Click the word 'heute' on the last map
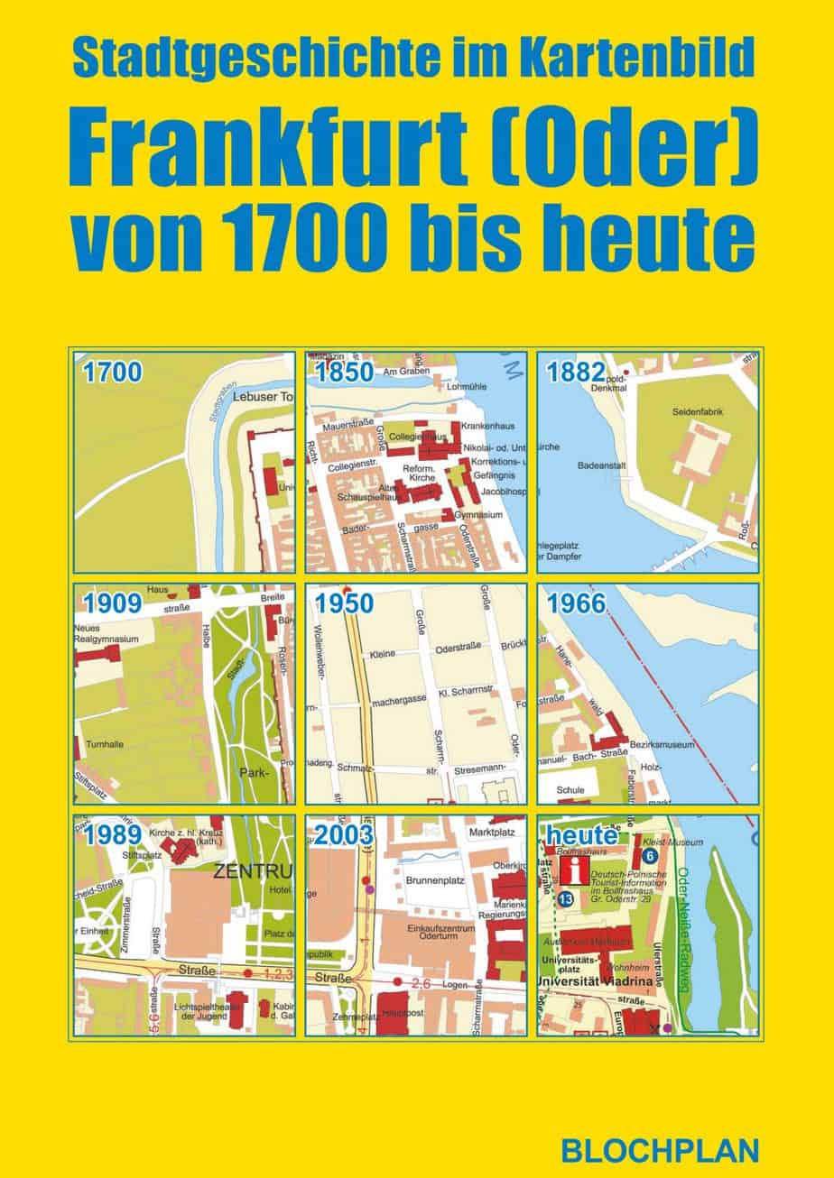[x=581, y=835]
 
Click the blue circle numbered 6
[x=649, y=855]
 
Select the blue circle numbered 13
[x=566, y=899]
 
